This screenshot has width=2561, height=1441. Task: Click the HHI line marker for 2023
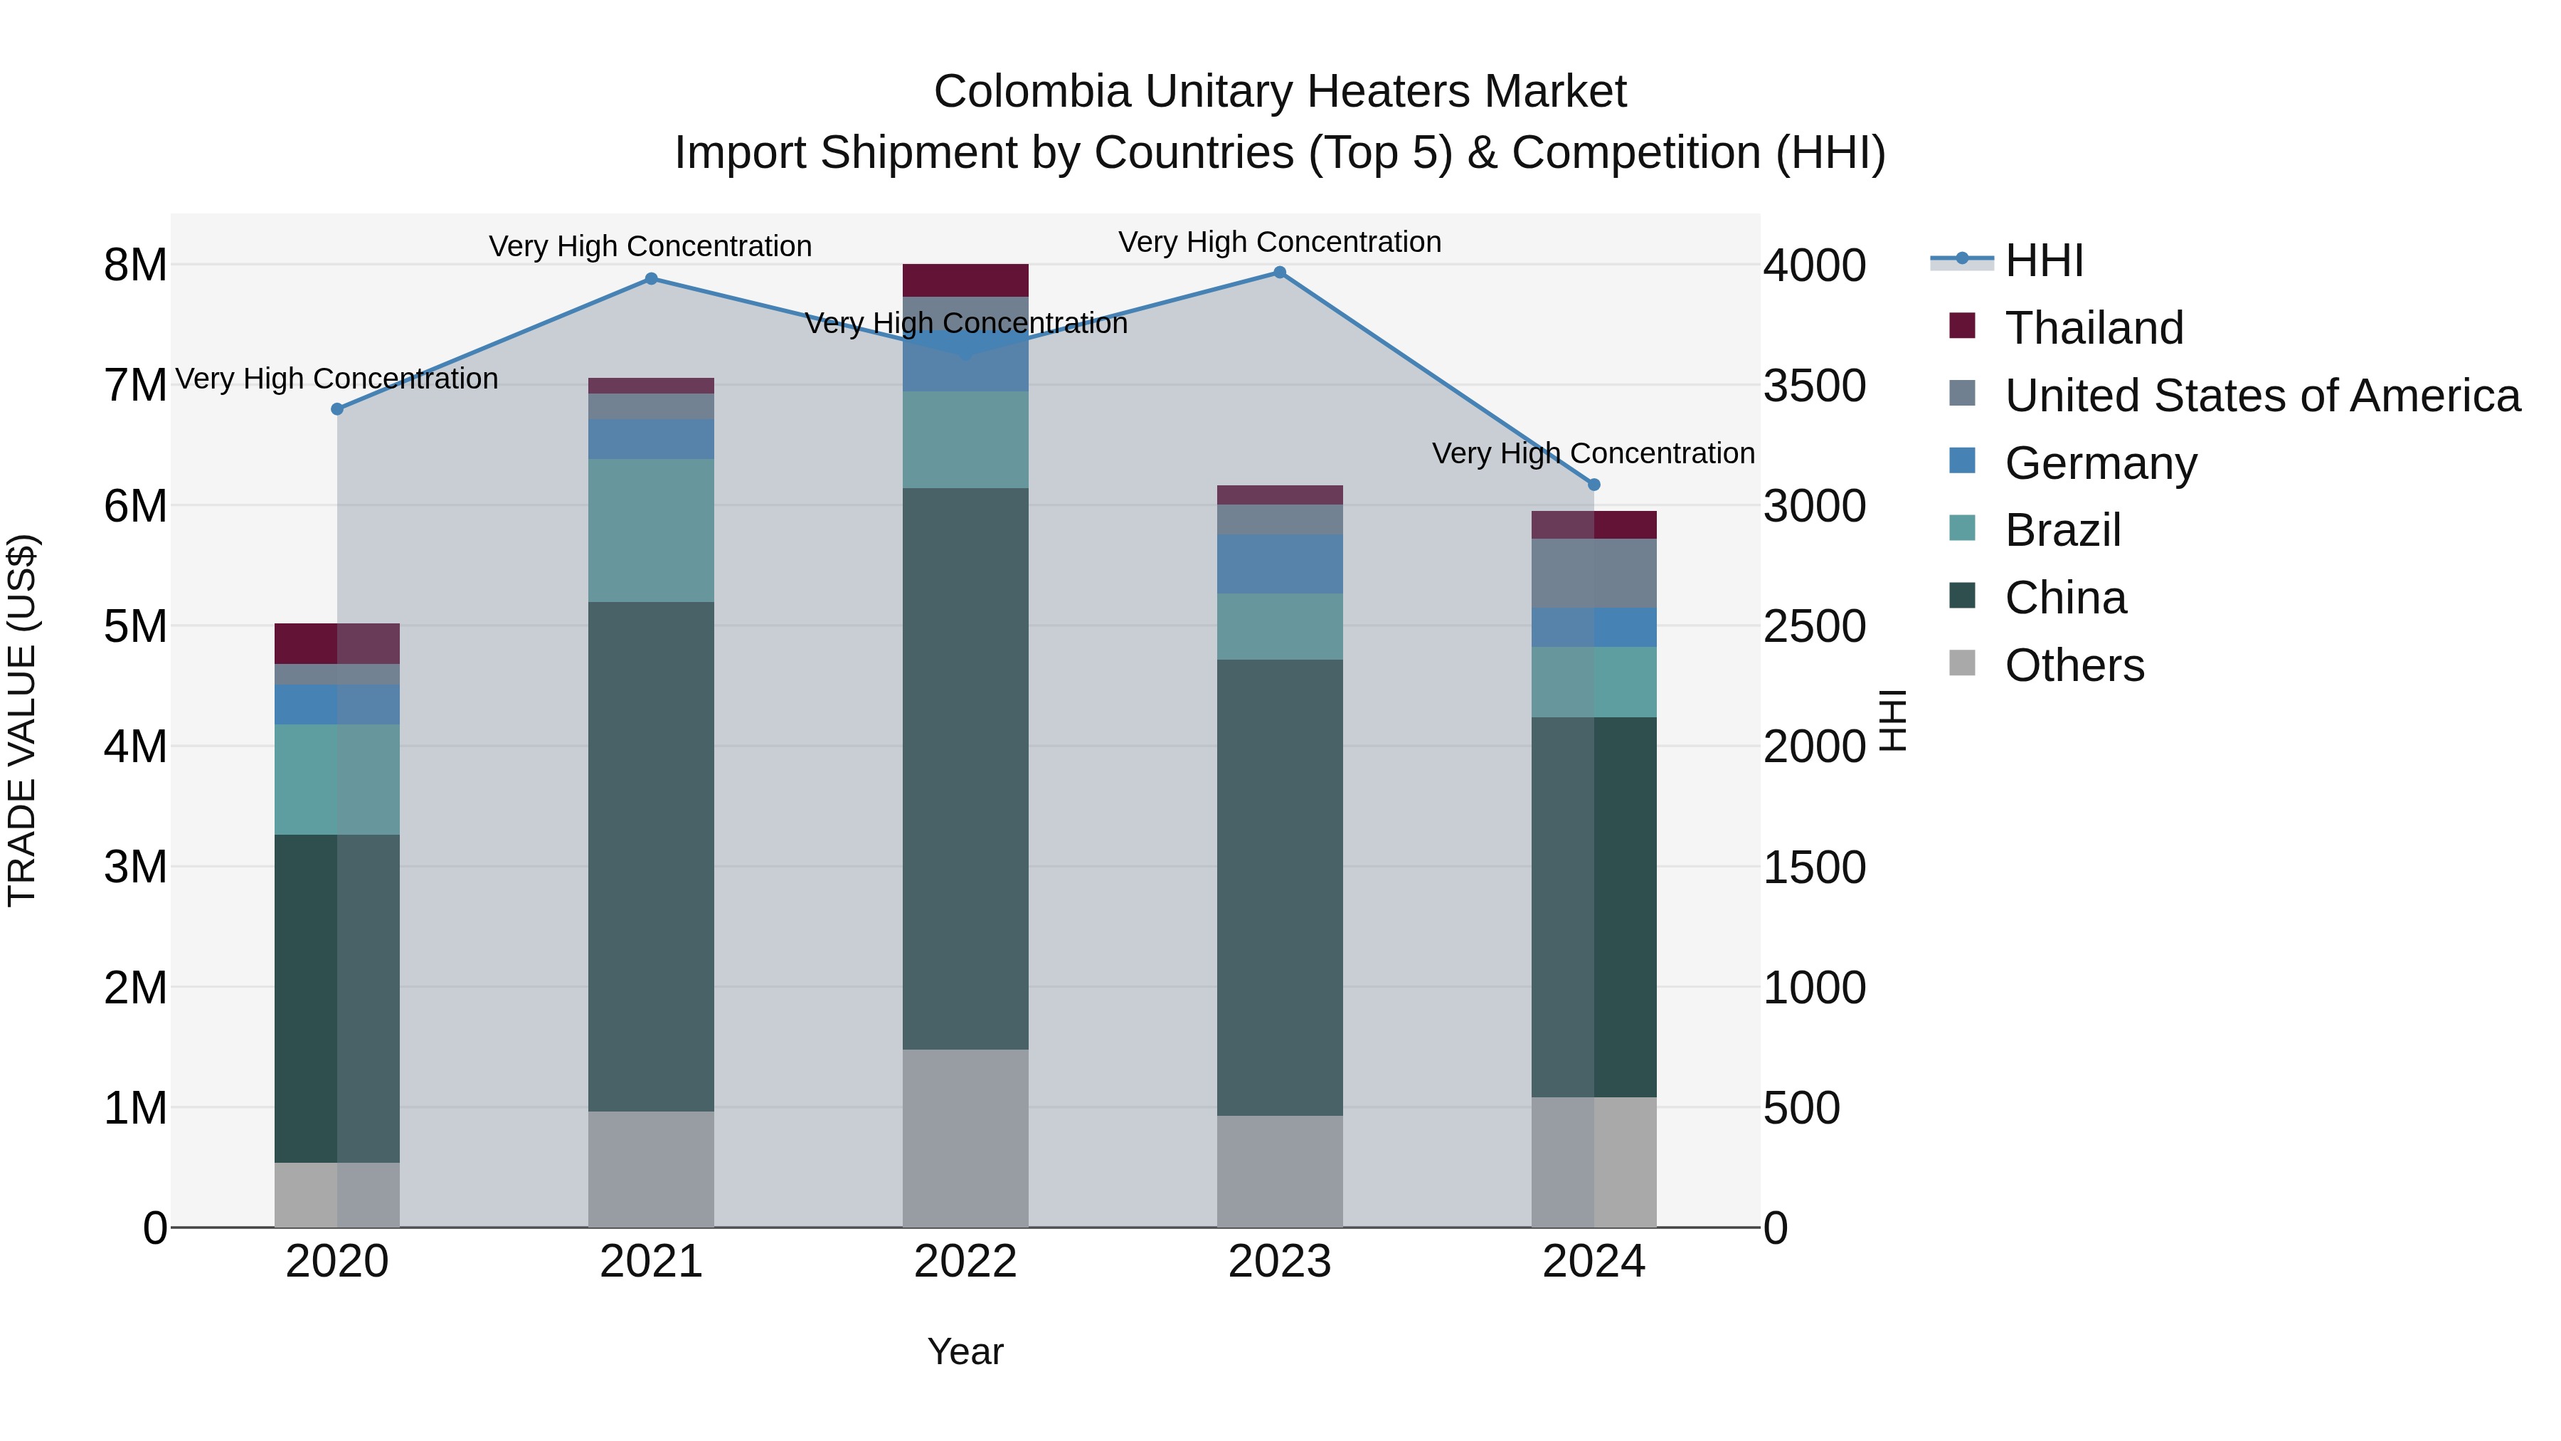click(1280, 273)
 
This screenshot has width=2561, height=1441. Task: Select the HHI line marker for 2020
click(337, 408)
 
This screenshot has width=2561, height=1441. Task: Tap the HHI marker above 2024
click(1594, 485)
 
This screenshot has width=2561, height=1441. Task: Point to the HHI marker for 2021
click(651, 278)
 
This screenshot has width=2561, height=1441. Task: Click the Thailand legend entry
click(2094, 328)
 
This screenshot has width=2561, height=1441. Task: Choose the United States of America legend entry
click(2262, 396)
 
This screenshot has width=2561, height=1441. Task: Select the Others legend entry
click(2074, 665)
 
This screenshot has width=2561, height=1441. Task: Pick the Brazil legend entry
click(2063, 530)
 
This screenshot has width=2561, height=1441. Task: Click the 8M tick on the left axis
click(135, 265)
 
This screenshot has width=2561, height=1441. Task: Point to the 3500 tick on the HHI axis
click(1814, 386)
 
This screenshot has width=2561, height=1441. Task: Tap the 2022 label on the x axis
click(965, 1262)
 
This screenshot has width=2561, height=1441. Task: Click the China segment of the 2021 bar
click(651, 855)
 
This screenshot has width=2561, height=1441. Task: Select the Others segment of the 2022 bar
click(965, 1138)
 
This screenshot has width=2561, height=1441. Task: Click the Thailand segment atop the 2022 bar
click(965, 280)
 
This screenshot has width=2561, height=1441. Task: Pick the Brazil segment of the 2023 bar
click(1280, 626)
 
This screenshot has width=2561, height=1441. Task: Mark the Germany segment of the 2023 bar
click(1280, 564)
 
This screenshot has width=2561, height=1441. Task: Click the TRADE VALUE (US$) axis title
click(22, 720)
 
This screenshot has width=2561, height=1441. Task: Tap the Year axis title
click(965, 1351)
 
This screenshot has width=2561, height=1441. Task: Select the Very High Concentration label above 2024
click(1593, 453)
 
